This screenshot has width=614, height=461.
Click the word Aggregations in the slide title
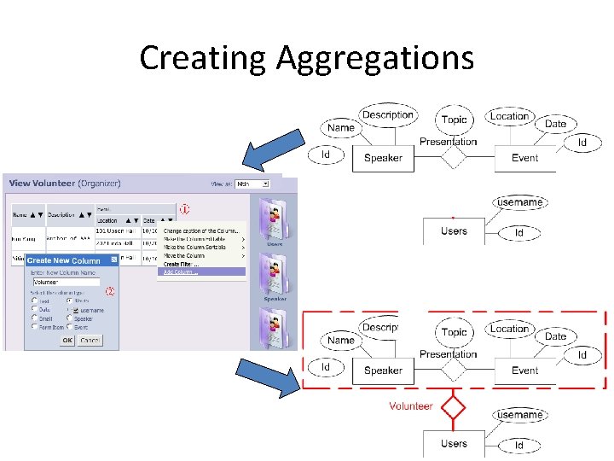pos(374,58)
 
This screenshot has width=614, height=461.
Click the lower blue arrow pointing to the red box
pos(269,376)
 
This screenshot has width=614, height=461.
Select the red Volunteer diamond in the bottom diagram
pos(453,406)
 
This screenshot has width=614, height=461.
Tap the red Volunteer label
pos(410,406)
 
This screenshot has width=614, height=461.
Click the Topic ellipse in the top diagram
pos(455,120)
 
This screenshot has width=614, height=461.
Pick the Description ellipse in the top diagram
pos(387,115)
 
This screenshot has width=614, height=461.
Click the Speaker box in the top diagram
pos(383,158)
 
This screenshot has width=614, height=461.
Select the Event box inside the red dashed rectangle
pos(524,371)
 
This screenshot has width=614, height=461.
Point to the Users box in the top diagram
pos(454,231)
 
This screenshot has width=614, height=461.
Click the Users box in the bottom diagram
pos(454,444)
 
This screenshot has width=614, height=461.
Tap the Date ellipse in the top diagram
pos(555,124)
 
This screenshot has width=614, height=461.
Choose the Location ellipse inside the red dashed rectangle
pos(509,329)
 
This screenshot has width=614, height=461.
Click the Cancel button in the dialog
pos(90,340)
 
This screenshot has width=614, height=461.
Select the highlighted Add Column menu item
pos(203,271)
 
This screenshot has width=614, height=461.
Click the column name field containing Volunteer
pos(66,281)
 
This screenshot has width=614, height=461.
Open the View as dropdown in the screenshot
pos(252,184)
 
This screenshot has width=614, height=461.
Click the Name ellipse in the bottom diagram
pos(340,340)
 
